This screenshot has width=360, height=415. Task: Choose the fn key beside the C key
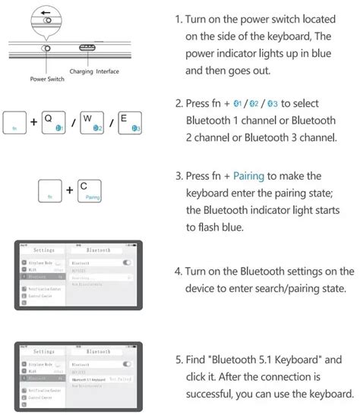pos(51,191)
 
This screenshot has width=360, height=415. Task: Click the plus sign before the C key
pos(70,190)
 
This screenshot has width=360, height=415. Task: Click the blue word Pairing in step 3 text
pos(249,176)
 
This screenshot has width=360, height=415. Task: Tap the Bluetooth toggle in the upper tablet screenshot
pos(127,262)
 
